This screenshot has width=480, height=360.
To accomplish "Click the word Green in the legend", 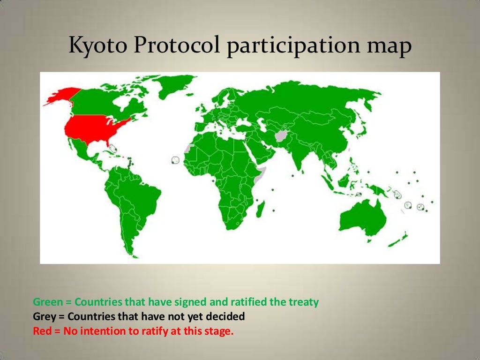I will (x=48, y=302).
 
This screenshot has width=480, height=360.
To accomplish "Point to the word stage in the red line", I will (x=218, y=331).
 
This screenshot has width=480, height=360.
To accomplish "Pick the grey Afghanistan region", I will (x=283, y=136).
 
